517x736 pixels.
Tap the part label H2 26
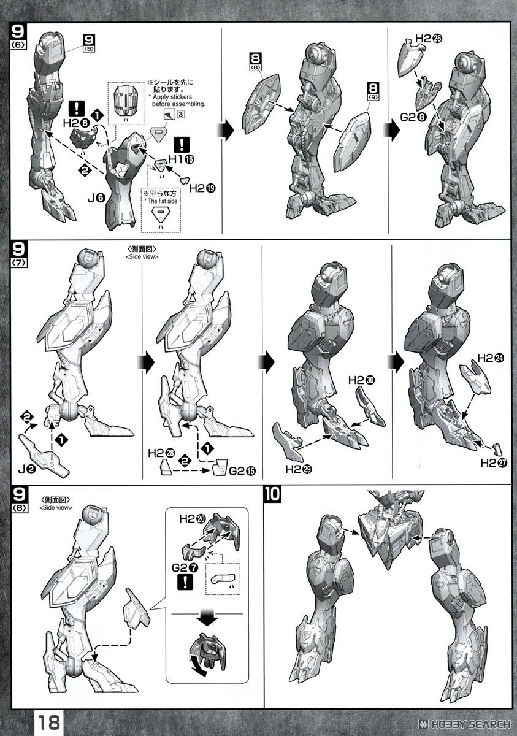(429, 39)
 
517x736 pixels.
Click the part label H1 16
(181, 159)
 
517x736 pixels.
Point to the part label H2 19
(202, 188)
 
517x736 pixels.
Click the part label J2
(27, 470)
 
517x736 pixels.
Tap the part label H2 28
(162, 453)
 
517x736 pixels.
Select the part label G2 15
(242, 471)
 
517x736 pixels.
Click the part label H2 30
(362, 380)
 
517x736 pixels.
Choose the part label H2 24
(491, 358)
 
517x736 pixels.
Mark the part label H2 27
(494, 463)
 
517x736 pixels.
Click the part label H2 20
(193, 519)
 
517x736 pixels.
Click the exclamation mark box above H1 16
(182, 145)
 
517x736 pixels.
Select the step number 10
(273, 494)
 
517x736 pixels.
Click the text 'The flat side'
(163, 201)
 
